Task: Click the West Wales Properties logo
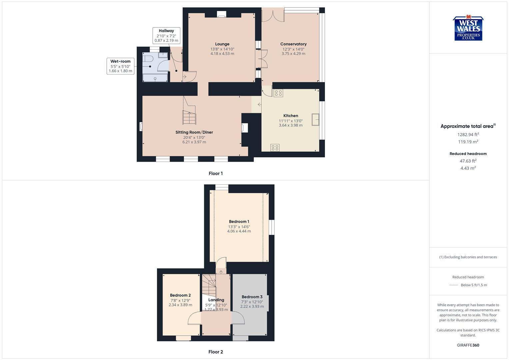468,29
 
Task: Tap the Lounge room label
222,44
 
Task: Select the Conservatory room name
293,44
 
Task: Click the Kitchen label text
291,116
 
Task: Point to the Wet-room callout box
120,66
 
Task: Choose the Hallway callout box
166,36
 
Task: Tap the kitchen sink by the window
315,119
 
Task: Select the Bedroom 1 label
239,222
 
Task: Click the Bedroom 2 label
180,295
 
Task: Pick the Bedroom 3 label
252,297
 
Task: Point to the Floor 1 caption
216,173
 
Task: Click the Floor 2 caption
216,352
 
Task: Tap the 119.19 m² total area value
468,142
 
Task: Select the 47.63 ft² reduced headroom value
468,161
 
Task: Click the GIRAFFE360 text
468,345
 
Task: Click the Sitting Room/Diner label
194,132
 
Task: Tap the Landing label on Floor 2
216,300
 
